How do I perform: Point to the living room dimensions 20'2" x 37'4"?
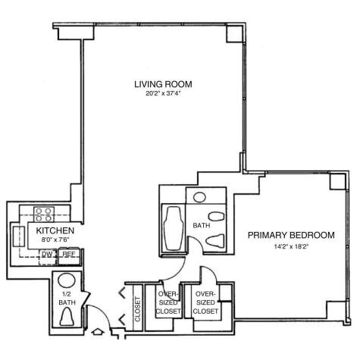point(161,94)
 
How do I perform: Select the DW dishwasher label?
point(46,255)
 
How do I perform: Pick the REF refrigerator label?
point(68,255)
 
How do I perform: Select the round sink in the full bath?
point(200,198)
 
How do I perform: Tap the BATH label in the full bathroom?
point(201,225)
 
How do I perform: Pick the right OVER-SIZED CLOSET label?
point(206,302)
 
